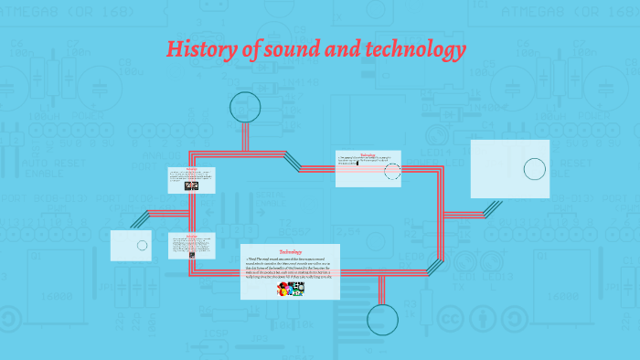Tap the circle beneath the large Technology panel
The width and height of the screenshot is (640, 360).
tap(383, 320)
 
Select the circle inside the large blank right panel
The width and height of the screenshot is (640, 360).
tap(534, 169)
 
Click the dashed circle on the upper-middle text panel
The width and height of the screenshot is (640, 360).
tap(392, 171)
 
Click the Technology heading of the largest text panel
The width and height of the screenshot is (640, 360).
tap(290, 251)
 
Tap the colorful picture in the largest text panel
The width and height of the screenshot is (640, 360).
tap(291, 290)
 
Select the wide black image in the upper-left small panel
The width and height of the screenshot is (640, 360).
tap(191, 185)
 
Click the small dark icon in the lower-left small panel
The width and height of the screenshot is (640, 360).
tap(191, 255)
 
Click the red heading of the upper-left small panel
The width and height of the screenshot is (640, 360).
tap(191, 170)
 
